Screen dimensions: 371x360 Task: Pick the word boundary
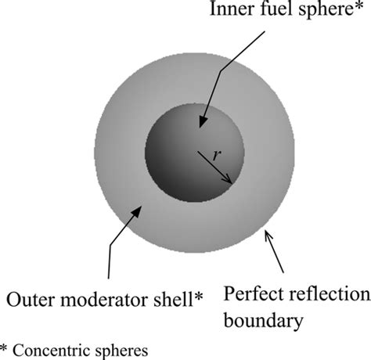[x=264, y=320]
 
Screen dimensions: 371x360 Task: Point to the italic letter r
[x=217, y=156]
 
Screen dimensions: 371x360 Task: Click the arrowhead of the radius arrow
[x=228, y=180]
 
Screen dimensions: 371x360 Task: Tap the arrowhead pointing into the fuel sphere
[x=204, y=121]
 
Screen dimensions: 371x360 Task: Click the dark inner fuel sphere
[x=195, y=153]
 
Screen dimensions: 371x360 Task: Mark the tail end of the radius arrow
[x=197, y=151]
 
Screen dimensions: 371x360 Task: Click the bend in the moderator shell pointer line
[x=110, y=245]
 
